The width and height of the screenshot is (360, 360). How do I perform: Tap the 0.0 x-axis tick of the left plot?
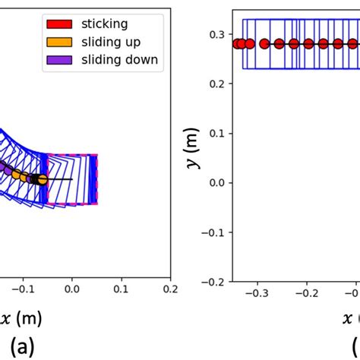point(72,289)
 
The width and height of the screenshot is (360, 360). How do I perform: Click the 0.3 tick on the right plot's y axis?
point(217,34)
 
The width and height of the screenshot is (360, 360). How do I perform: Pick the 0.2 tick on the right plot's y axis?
point(217,84)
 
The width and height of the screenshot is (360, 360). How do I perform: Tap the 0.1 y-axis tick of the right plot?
point(217,133)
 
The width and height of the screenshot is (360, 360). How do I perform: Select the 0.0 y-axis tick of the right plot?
point(217,182)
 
